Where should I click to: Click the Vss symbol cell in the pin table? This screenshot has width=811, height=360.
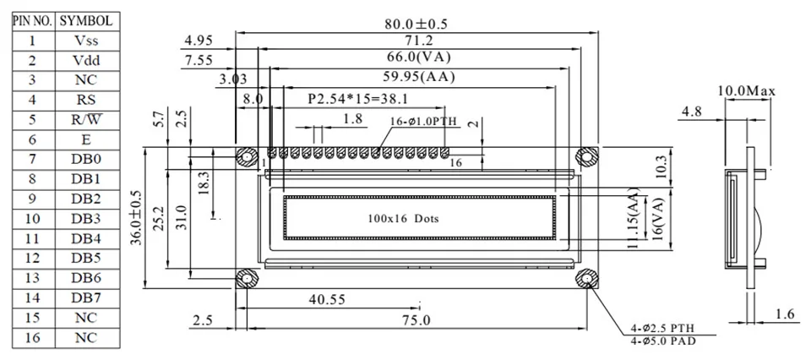coord(87,41)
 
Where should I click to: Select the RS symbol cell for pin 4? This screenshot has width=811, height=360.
coord(87,100)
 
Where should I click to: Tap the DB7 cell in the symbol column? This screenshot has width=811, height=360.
coord(87,298)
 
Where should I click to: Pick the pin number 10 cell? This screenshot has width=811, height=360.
coord(33,219)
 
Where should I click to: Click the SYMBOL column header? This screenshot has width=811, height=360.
coord(87,21)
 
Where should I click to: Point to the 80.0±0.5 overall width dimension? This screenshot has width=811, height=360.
coord(416,24)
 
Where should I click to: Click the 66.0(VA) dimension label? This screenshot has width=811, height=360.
coord(420,56)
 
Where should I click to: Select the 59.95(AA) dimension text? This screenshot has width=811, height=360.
coord(418,78)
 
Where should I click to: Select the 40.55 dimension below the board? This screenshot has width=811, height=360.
coord(327,299)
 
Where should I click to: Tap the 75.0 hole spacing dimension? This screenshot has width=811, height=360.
coord(416,320)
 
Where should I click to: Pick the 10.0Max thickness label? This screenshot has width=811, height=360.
coord(746,91)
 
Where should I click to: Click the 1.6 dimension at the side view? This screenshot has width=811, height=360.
coord(787,314)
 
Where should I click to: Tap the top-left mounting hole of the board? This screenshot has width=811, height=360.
coord(247,156)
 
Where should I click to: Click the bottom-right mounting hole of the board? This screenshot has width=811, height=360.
coord(587,280)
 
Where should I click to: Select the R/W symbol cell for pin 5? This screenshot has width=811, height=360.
coord(87,119)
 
